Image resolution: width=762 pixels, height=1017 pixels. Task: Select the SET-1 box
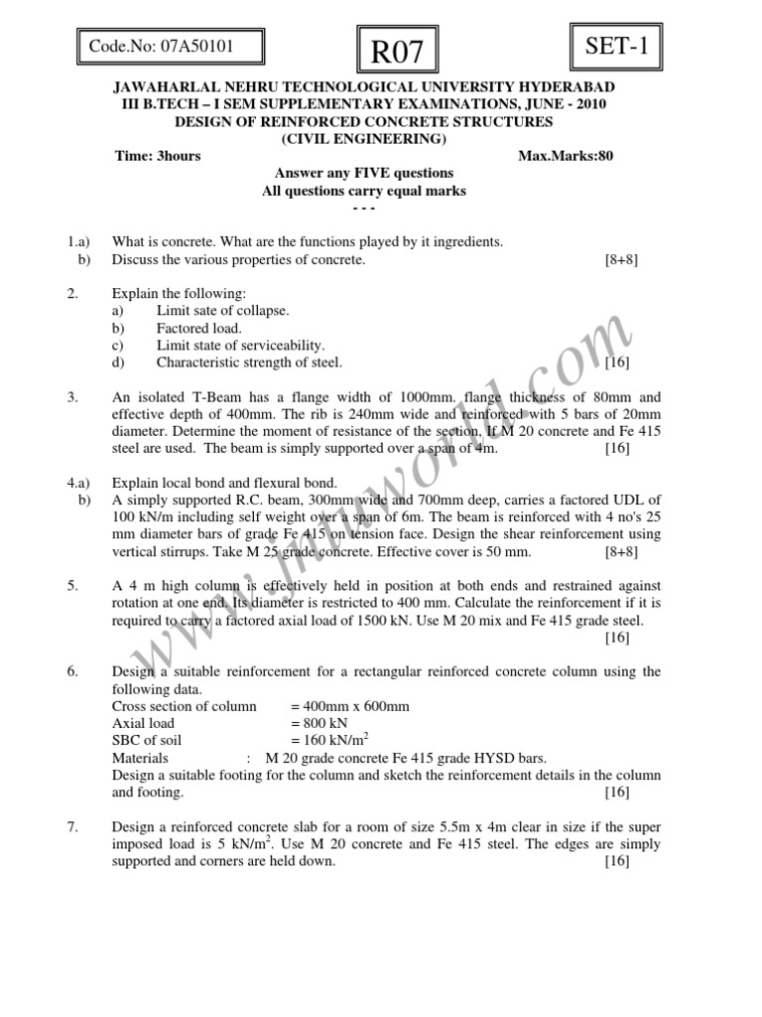(616, 46)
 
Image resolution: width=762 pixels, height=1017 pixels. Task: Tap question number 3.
(72, 397)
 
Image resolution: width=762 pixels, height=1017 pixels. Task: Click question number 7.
(72, 827)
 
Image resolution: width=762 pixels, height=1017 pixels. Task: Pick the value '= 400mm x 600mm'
(350, 706)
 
